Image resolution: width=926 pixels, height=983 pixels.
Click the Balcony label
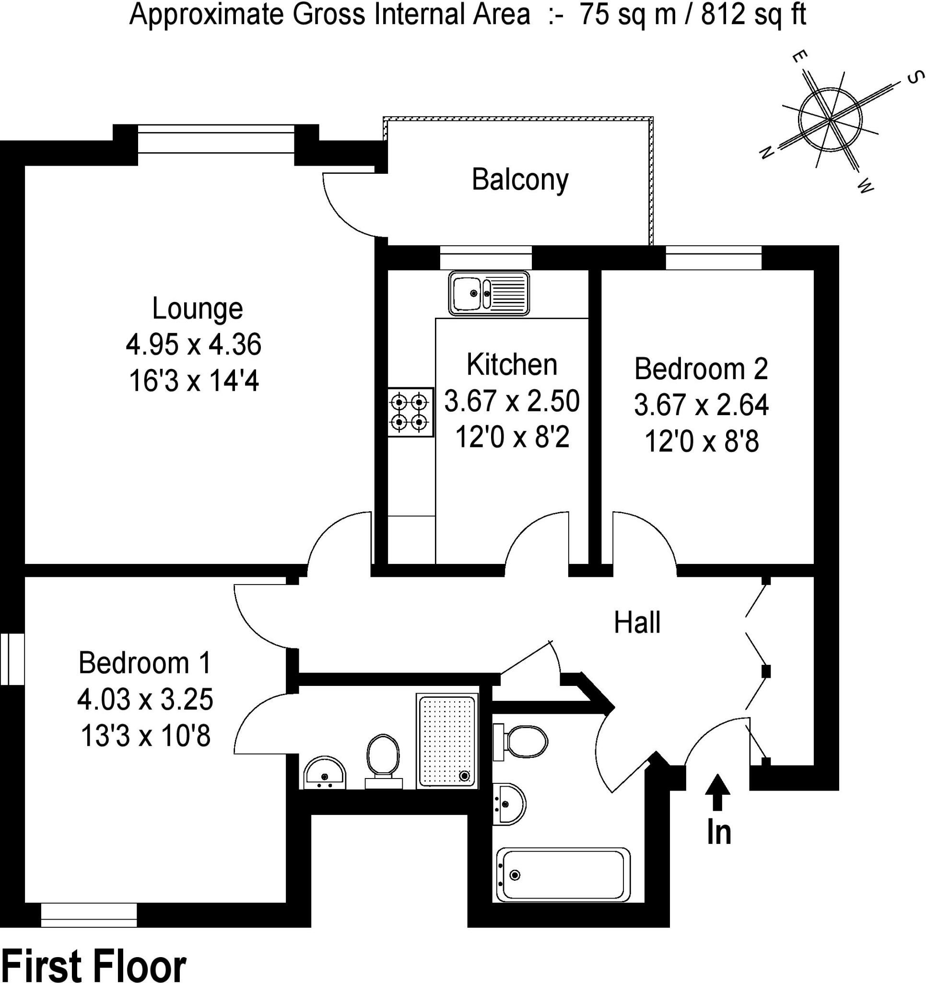[520, 180]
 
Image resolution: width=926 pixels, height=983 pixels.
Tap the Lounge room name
[197, 309]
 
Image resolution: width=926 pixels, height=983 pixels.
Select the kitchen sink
[489, 293]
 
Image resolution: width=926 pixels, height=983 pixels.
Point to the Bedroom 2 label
[701, 369]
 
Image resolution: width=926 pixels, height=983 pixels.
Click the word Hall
[637, 622]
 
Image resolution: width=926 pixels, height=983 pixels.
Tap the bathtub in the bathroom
[563, 875]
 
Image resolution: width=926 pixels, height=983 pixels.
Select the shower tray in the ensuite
[447, 741]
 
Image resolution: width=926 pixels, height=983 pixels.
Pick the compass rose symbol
[830, 120]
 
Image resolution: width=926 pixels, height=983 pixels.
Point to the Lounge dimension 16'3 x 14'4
[194, 381]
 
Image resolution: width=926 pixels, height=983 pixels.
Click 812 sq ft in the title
[754, 14]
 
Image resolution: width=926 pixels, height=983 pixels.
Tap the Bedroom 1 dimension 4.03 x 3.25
[145, 700]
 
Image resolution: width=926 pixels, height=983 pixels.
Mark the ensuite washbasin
[324, 773]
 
